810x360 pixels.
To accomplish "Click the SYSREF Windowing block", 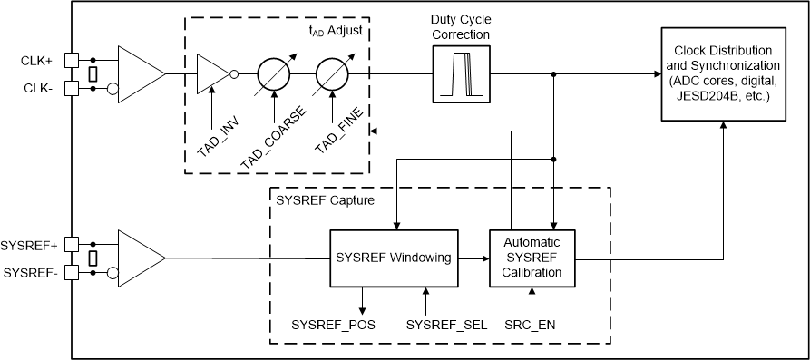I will coord(393,258).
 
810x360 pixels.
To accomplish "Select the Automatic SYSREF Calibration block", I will coord(532,258).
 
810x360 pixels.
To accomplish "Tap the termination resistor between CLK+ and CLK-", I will coord(93,74).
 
